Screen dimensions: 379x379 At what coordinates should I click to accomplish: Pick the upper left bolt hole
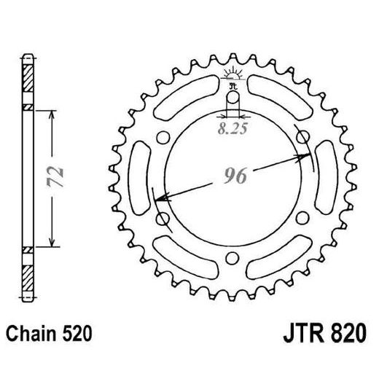click(x=164, y=137)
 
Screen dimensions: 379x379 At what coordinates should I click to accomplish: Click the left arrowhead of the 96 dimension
click(x=159, y=198)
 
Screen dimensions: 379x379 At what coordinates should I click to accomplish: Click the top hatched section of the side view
click(x=28, y=75)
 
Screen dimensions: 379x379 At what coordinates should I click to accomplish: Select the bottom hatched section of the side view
click(x=28, y=278)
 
